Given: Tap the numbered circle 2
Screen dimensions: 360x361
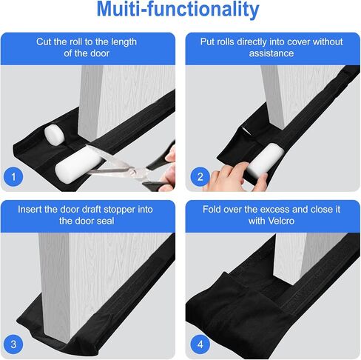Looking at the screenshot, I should coord(198,176).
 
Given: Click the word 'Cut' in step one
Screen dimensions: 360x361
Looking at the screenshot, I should coord(46,41).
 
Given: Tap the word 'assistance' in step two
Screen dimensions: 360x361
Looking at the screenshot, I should coord(272,54).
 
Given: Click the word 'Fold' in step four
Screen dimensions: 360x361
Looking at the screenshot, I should coord(215,209).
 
